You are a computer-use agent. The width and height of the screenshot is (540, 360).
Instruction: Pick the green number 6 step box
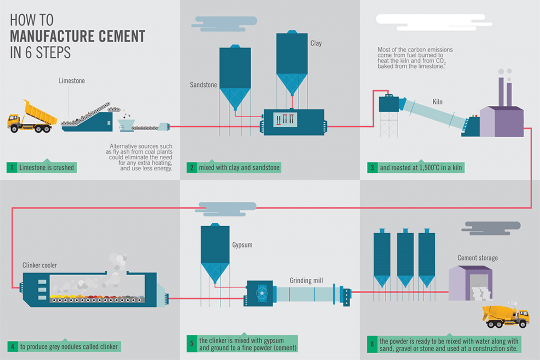tap(372, 344)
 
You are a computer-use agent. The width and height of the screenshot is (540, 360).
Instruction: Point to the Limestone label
tap(72, 81)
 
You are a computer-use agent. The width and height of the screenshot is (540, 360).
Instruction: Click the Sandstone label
tap(203, 84)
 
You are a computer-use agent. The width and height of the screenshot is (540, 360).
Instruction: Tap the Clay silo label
tap(315, 43)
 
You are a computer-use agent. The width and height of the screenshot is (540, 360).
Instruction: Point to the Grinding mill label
tap(306, 280)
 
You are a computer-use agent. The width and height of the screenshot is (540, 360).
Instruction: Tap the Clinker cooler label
tap(40, 265)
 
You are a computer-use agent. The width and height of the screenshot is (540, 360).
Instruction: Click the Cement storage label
tap(477, 258)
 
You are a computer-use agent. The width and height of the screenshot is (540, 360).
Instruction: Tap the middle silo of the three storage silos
tap(405, 258)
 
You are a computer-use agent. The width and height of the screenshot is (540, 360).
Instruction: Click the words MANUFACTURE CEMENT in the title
tap(78, 36)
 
